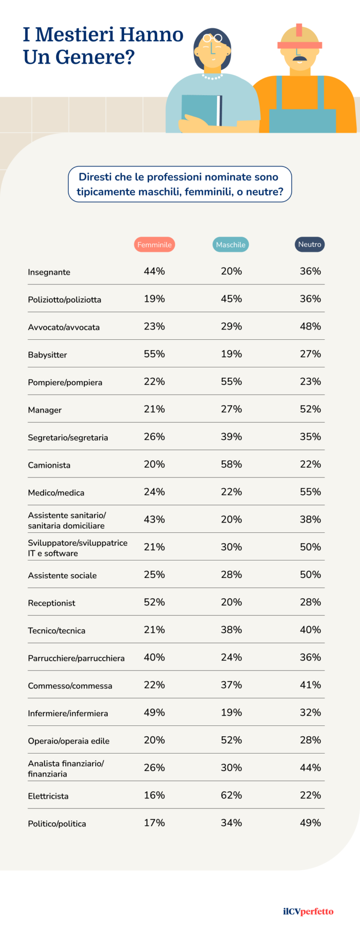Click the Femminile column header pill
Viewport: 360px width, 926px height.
tap(155, 245)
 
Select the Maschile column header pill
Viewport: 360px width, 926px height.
tap(231, 245)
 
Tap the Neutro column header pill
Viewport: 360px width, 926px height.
tap(310, 244)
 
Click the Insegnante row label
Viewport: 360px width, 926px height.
tap(49, 272)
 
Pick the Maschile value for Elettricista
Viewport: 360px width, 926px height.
tap(232, 795)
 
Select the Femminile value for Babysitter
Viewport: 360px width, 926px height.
tap(154, 354)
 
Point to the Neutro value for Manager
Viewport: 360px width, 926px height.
tap(310, 409)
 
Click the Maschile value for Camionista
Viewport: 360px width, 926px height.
tap(232, 464)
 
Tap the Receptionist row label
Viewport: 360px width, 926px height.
tap(52, 603)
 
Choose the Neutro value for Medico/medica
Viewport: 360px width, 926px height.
tap(310, 492)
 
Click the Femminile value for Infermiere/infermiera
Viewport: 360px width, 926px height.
tap(154, 712)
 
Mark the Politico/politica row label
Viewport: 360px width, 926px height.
tap(57, 824)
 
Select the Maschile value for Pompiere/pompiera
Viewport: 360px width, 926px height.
tap(232, 381)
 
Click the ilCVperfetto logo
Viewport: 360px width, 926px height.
tap(308, 911)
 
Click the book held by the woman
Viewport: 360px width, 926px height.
tap(202, 110)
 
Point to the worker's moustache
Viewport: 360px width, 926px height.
tap(299, 59)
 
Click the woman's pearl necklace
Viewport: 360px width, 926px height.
tap(212, 76)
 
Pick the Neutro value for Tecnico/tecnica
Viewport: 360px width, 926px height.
tap(310, 629)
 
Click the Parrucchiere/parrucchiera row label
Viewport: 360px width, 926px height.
tap(76, 658)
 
